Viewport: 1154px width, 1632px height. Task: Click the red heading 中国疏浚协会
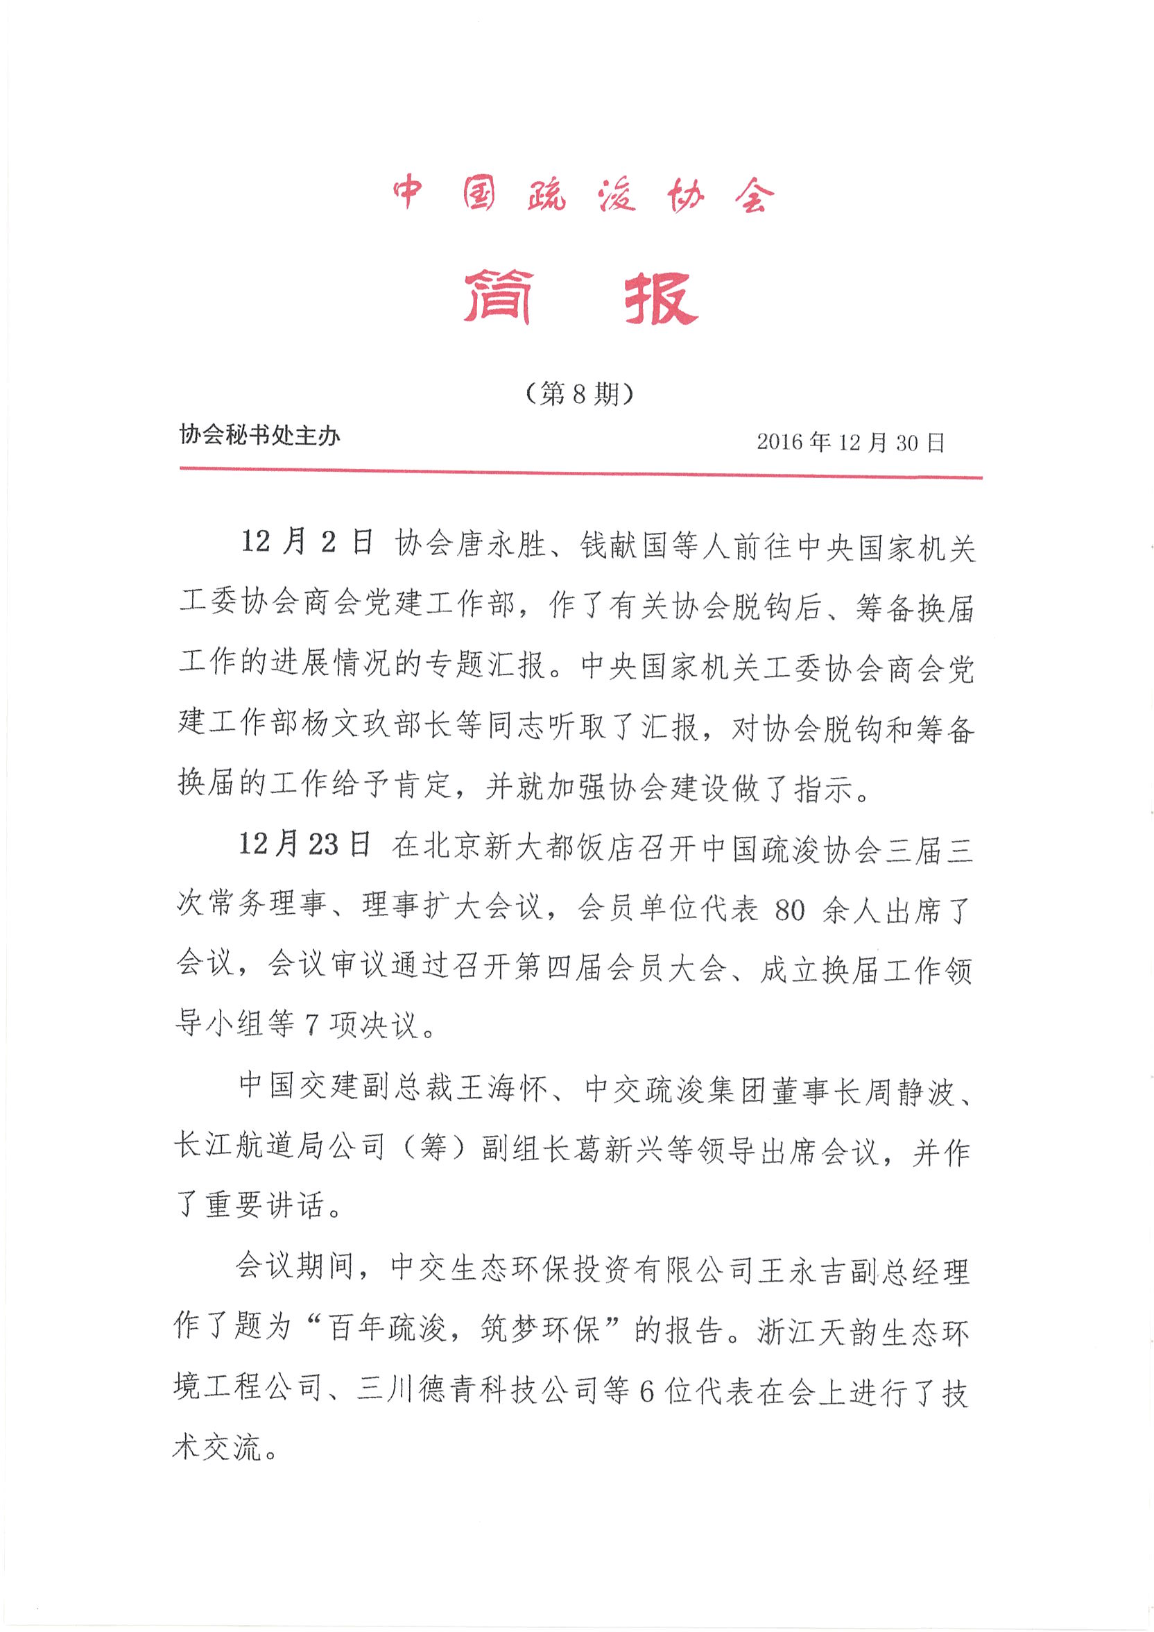coord(580,193)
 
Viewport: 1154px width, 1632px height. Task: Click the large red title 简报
coord(580,297)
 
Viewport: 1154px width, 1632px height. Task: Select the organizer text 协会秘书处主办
coord(259,434)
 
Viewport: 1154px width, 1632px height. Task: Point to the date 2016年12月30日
coord(850,442)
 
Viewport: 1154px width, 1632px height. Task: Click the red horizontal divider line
coord(580,473)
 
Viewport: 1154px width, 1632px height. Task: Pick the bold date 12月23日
coord(305,845)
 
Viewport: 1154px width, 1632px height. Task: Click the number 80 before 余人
coord(789,910)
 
